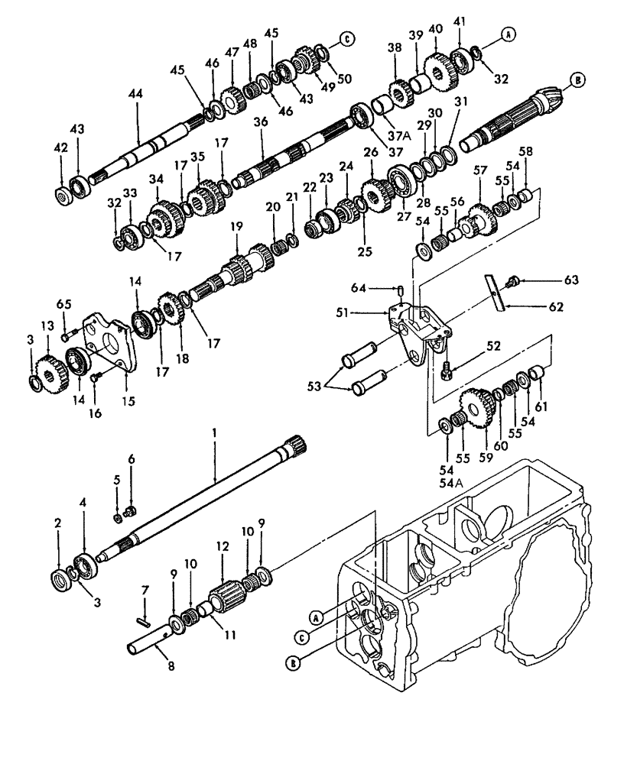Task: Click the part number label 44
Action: point(137,93)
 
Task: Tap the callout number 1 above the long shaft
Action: point(216,432)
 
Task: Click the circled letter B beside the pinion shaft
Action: point(578,78)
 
